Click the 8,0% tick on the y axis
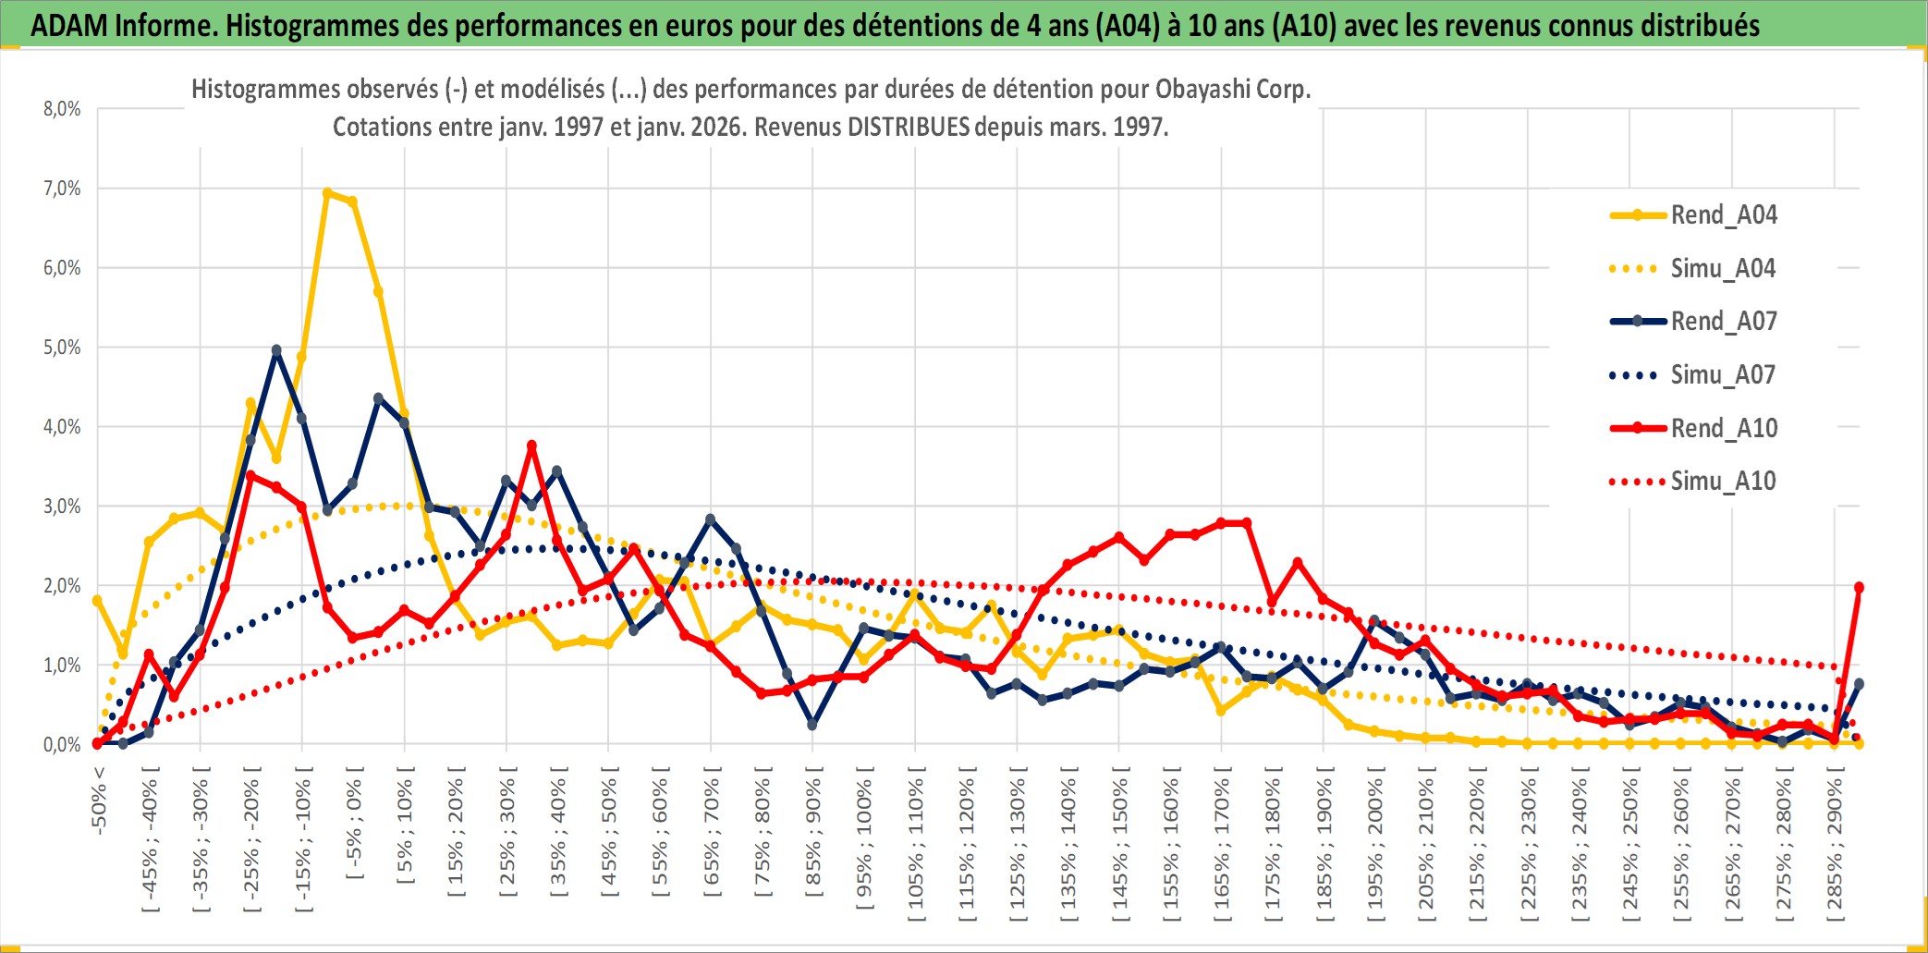[62, 109]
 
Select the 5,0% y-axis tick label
[62, 348]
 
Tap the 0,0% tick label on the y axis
[62, 745]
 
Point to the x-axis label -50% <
[99, 800]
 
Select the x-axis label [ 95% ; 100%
[864, 844]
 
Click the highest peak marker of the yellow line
[327, 193]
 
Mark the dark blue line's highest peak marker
[276, 350]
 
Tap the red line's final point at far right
[1859, 587]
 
